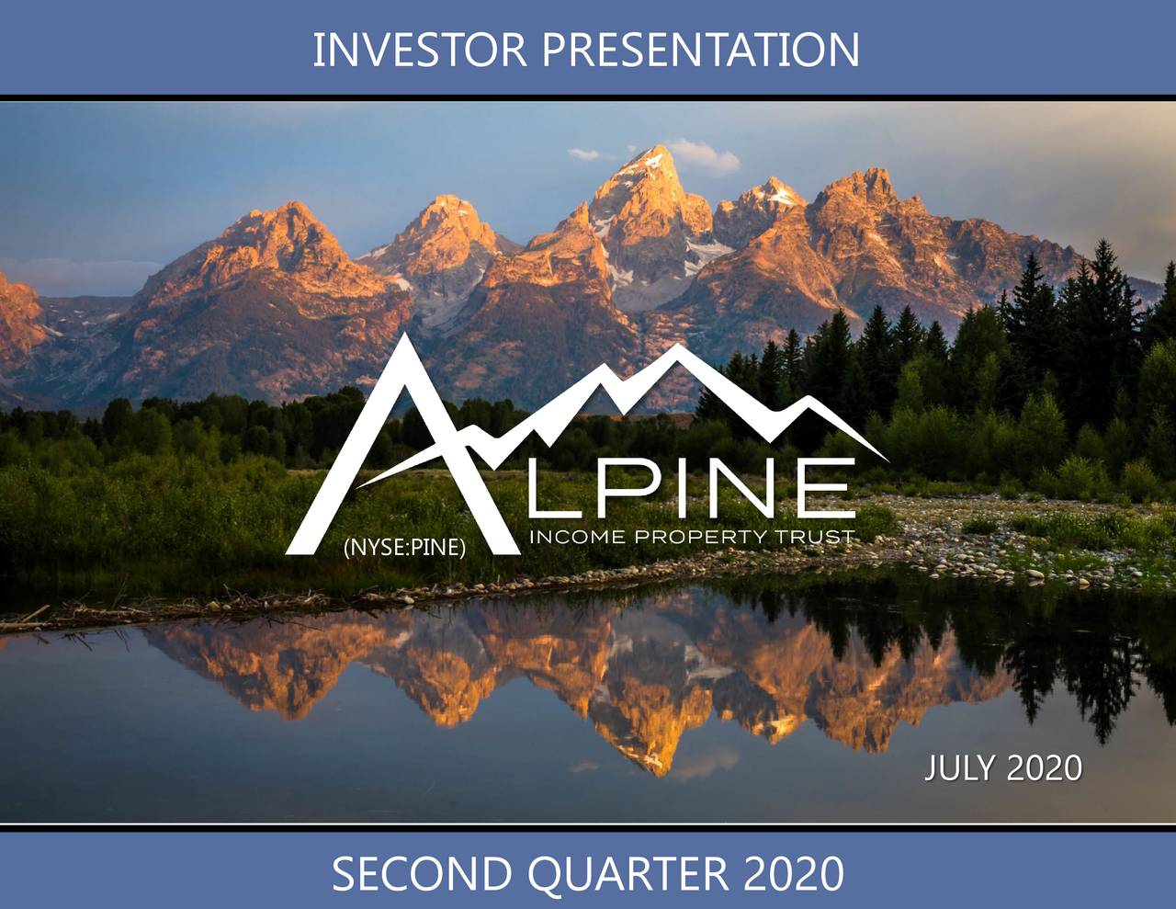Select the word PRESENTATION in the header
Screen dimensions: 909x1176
pyautogui.click(x=700, y=50)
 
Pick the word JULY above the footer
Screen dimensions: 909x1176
pyautogui.click(x=959, y=767)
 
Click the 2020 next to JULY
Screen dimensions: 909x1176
pyautogui.click(x=1045, y=767)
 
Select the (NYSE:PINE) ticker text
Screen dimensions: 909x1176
pyautogui.click(x=404, y=550)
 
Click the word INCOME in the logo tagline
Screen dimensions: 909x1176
pyautogui.click(x=577, y=538)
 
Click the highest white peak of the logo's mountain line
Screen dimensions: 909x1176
pyautogui.click(x=678, y=348)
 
